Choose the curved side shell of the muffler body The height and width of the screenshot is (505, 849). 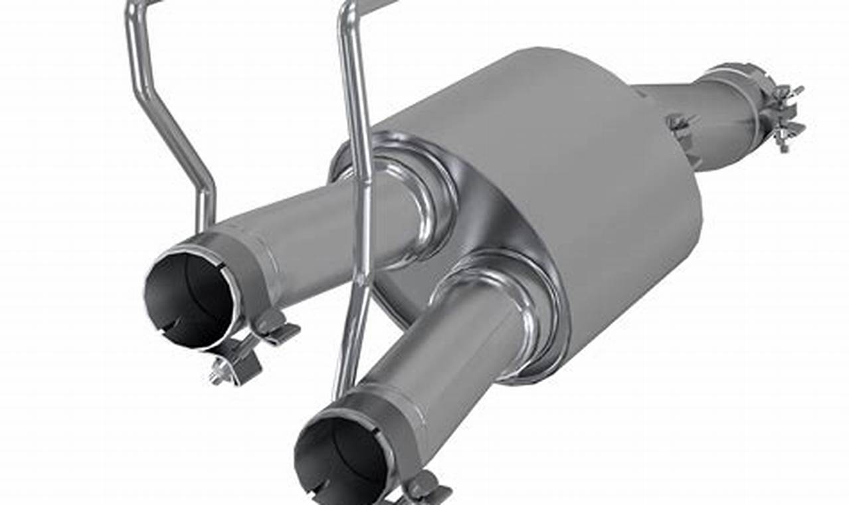tap(598, 166)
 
